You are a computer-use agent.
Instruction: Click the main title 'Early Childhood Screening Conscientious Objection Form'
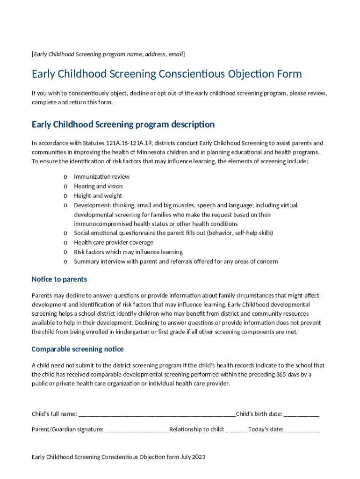[x=166, y=74]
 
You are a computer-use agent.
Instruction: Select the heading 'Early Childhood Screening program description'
[x=123, y=124]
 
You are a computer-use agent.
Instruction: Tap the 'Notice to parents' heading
[x=59, y=279]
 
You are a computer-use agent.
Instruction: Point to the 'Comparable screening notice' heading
[x=78, y=349]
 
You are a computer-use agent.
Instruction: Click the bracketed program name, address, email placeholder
[x=108, y=54]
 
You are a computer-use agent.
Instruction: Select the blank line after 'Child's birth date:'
[x=302, y=414]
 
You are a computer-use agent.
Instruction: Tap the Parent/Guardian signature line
[x=137, y=429]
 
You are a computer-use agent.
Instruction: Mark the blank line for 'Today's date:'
[x=303, y=429]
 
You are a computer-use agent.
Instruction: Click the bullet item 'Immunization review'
[x=101, y=177]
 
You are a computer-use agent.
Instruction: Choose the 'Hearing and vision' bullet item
[x=98, y=186]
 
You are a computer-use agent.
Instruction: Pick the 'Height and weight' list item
[x=98, y=196]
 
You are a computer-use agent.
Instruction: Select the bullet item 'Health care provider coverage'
[x=113, y=242]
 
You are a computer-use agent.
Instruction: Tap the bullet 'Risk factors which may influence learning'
[x=128, y=252]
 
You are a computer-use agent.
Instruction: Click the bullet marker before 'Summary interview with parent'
[x=65, y=261]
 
